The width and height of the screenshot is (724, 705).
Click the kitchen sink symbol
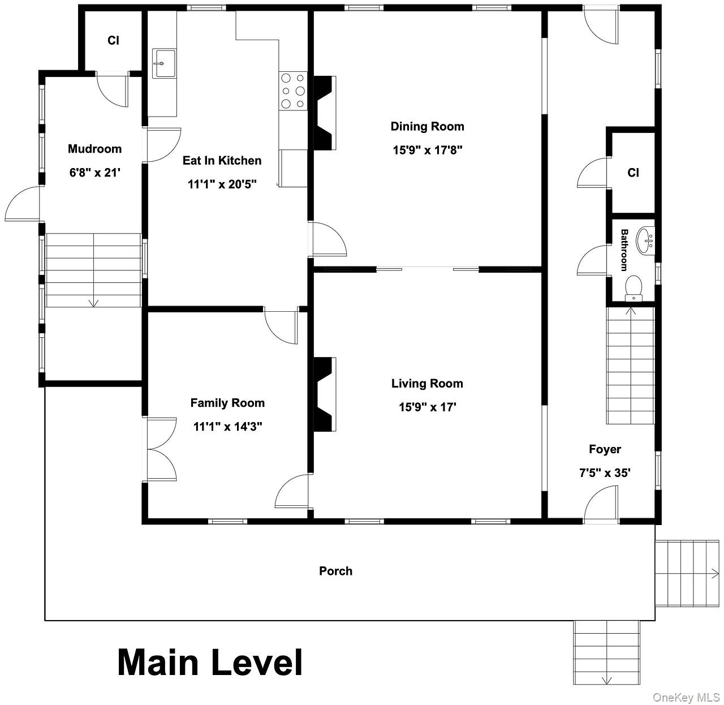point(163,63)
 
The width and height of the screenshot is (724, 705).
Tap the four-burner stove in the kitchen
point(293,91)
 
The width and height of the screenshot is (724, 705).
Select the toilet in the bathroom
point(633,288)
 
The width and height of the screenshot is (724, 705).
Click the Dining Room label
point(427,127)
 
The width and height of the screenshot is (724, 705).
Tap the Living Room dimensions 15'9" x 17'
point(428,407)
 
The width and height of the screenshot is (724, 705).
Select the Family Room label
point(227,403)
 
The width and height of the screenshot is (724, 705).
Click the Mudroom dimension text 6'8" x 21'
point(95,173)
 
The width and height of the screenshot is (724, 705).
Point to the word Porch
point(335,571)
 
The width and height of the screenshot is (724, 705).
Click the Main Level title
point(210,662)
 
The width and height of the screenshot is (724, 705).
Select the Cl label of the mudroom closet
point(113,40)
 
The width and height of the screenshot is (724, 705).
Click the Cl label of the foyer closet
point(633,173)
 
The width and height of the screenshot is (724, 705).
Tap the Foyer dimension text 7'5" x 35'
point(605,472)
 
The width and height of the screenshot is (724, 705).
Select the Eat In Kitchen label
point(222,161)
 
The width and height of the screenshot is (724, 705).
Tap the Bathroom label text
point(624,250)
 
